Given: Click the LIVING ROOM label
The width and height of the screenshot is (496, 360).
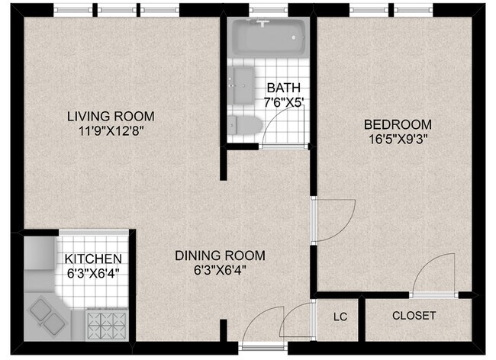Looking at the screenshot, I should point(111,117).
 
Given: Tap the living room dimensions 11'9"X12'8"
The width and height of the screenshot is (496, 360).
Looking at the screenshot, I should point(111,130).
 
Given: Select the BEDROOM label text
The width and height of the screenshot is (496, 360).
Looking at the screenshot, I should point(397,124).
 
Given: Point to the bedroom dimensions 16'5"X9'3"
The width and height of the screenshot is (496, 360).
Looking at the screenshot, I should point(397,138).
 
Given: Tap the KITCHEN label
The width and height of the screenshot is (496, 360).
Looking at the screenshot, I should point(92,259).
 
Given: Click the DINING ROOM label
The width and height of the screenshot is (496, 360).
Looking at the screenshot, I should point(220,255).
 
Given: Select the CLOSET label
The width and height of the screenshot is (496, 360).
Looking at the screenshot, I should point(414,316).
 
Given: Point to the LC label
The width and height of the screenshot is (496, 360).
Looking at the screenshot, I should point(340,316).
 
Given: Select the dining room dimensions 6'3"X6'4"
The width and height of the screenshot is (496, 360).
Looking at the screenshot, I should point(220,268).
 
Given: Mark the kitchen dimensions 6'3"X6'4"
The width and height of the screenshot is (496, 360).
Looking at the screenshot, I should point(92,272).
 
